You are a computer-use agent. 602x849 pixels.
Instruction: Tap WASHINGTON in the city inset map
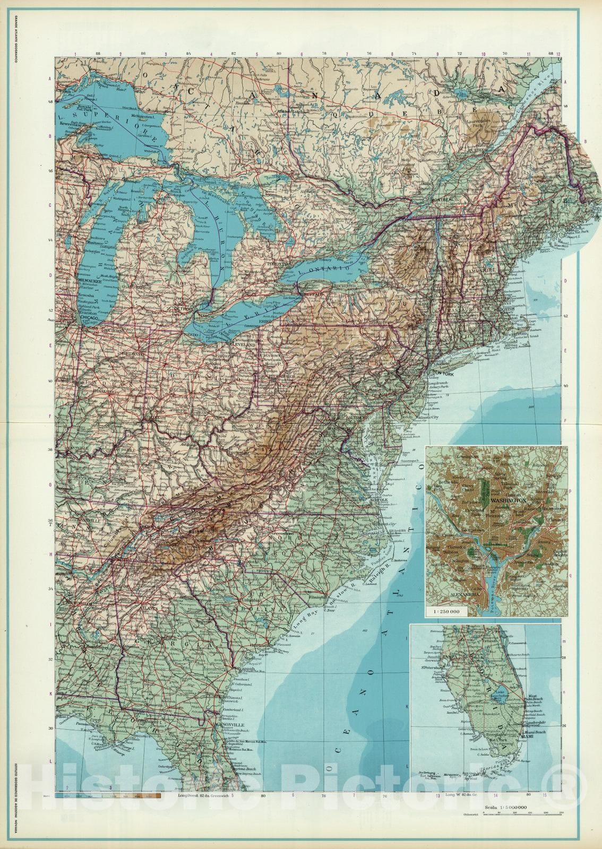pos(508,500)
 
